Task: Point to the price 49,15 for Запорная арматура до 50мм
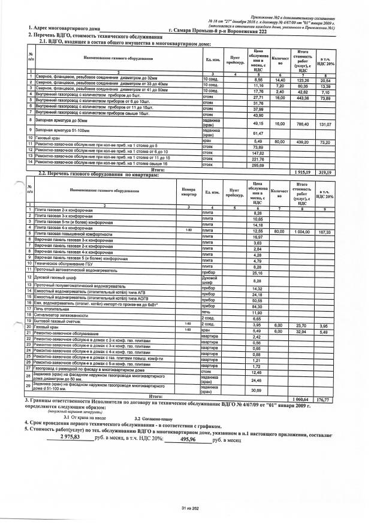tap(259, 123)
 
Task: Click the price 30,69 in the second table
tap(258, 390)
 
